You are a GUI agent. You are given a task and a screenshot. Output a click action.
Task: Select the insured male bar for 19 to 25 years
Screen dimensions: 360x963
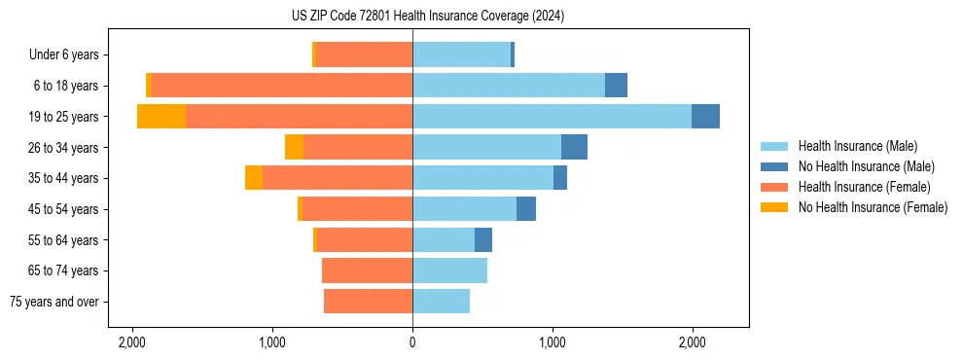tap(552, 117)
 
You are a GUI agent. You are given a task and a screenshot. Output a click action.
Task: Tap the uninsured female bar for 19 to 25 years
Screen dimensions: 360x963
tap(161, 117)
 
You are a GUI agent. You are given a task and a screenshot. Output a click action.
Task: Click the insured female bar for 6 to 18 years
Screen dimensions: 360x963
tap(282, 86)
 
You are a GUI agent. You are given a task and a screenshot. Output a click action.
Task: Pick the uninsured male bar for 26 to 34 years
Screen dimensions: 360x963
tap(574, 147)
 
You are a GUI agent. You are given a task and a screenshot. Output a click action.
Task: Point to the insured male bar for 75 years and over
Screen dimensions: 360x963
tap(441, 302)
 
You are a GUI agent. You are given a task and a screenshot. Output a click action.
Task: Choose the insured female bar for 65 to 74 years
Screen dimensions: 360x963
tap(367, 270)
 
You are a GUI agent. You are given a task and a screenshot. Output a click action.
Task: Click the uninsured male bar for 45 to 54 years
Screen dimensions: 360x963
tap(526, 209)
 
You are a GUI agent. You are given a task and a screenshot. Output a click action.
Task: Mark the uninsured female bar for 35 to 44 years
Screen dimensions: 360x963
tap(254, 178)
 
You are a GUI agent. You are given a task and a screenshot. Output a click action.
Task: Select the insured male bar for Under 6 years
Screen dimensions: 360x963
tap(461, 54)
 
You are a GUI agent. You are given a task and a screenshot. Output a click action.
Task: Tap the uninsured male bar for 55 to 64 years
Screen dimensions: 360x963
tap(483, 240)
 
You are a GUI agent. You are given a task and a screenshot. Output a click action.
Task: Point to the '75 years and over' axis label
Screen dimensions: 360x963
tap(54, 302)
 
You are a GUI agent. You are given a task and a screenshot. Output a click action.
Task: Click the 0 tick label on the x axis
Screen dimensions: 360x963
tap(412, 342)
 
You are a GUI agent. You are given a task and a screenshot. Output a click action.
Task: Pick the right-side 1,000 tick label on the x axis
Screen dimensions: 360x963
tap(553, 342)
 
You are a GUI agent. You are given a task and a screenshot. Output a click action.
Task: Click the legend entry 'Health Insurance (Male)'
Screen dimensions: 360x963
tap(855, 146)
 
